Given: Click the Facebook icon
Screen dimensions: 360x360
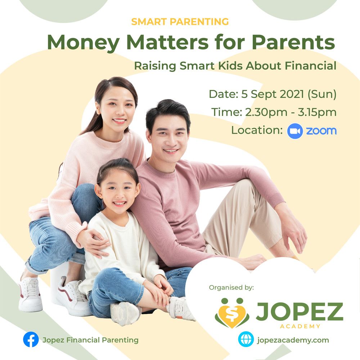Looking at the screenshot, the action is pos(31,339).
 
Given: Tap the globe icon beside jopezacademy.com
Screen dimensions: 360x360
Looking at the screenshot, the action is pos(246,339).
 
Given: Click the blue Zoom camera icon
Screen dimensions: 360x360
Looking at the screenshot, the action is pos(295,131).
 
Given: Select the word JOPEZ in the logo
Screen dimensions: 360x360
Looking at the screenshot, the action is pos(300,311).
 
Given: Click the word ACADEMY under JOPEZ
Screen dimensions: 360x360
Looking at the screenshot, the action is pos(300,326).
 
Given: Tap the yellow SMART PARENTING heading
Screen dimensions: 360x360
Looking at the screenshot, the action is pos(180,22).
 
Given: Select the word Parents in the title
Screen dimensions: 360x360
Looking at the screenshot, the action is pos(293,42).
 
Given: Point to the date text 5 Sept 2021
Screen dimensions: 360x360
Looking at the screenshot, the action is pos(273,94).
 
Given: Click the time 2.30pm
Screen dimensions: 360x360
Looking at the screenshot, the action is pos(266,112).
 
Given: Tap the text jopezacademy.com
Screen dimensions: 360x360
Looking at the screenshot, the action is pos(293,340).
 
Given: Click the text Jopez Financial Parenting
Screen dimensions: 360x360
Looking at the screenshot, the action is pos(90,340).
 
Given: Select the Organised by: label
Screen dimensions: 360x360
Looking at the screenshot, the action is pos(231,287).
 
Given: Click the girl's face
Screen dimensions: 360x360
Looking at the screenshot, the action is pos(117,190).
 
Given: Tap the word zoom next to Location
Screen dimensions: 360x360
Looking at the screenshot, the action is pos(321,131).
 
